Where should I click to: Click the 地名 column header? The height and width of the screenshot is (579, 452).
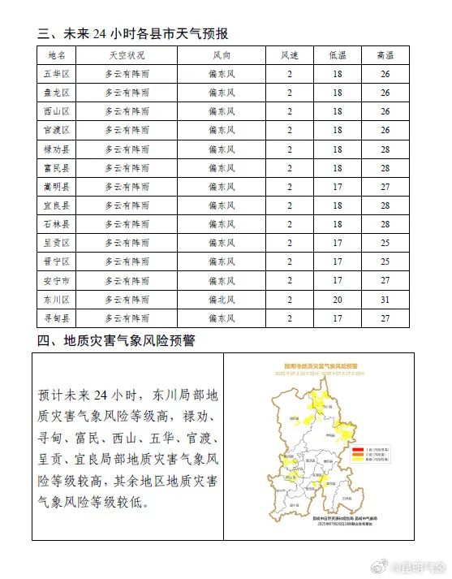[57, 55]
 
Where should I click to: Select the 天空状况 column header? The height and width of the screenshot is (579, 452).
[127, 55]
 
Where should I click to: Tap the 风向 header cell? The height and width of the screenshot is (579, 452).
[221, 55]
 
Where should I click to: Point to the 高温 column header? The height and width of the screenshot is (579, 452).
[385, 55]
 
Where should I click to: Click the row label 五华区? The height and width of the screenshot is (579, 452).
[57, 74]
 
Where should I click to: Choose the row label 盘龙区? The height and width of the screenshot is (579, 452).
[57, 93]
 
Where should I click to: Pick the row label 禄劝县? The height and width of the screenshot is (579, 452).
[57, 149]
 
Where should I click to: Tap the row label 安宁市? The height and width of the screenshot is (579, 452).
[57, 280]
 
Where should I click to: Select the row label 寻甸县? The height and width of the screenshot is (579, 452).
[57, 318]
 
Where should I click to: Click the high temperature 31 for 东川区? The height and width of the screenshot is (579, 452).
[385, 299]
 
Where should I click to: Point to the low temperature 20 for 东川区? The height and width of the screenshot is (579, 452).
[337, 299]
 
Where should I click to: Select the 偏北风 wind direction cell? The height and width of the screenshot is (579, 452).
[221, 299]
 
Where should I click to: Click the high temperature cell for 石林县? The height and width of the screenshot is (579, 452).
[385, 224]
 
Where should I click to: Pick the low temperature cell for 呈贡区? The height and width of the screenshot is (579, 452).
[337, 243]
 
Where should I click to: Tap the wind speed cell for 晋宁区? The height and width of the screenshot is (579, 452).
[290, 261]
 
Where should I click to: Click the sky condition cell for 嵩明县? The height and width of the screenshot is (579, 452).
[127, 187]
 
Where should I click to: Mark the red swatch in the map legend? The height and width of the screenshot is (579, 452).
[355, 449]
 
